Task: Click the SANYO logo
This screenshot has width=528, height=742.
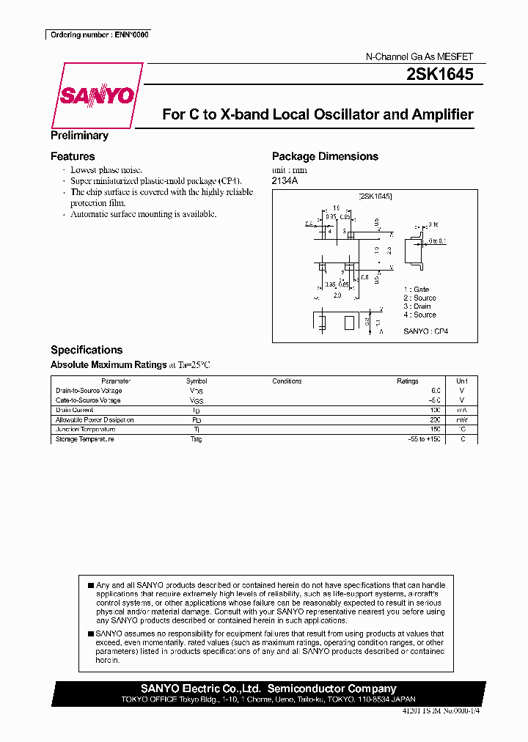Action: [97, 96]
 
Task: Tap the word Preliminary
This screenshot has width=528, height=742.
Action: [79, 135]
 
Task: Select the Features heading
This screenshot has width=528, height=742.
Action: [73, 156]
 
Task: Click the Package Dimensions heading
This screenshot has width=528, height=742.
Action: [325, 156]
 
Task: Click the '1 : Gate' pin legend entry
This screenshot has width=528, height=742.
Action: [417, 290]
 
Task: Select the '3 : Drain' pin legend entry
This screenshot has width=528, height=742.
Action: [417, 306]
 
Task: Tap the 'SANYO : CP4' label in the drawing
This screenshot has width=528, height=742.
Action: [425, 331]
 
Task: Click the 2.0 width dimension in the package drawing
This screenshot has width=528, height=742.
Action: [337, 295]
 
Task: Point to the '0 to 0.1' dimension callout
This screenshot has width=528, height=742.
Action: [438, 240]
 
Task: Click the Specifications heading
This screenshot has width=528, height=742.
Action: [87, 350]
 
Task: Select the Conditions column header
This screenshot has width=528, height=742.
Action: [287, 381]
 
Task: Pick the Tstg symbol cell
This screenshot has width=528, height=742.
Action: [196, 439]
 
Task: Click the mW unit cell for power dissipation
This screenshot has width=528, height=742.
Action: [461, 420]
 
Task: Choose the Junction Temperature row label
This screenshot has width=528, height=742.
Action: [85, 430]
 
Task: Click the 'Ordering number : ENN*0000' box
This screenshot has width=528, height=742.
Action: [98, 34]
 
